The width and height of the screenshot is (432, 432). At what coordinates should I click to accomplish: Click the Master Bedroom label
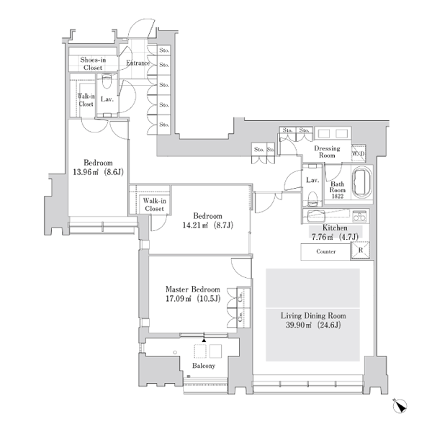tap(192, 289)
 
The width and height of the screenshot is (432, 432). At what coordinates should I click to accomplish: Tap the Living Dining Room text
tap(313, 316)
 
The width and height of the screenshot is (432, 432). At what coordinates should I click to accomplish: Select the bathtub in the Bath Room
tap(361, 182)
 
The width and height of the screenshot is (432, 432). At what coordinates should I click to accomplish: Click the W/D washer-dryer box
tap(358, 153)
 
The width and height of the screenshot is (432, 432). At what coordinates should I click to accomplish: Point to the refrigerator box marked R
tap(360, 251)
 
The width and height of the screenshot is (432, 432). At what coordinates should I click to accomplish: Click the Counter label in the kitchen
tap(326, 251)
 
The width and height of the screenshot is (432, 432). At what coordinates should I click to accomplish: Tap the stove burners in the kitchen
tap(359, 216)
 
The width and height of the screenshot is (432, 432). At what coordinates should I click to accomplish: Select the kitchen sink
tap(316, 215)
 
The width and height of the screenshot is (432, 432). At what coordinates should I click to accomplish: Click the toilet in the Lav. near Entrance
tap(106, 81)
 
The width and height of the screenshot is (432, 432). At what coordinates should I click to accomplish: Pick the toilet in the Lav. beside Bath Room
tap(312, 198)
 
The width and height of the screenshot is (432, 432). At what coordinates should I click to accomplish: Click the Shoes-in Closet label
tap(93, 63)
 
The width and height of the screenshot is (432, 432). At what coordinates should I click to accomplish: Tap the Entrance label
tap(138, 63)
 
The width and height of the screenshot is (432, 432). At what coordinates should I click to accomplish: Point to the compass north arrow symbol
tap(400, 405)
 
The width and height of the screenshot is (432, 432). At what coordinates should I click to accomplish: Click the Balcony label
tap(204, 366)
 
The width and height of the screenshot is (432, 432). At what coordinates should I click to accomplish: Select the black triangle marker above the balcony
tap(204, 341)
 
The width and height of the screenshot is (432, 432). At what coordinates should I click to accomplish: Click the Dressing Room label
tap(327, 152)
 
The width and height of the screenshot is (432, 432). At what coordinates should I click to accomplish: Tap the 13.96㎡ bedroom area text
tap(86, 172)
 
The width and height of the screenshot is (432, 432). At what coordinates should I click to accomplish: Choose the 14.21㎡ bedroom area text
tap(195, 225)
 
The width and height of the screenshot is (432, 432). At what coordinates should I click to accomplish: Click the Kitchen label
tap(335, 228)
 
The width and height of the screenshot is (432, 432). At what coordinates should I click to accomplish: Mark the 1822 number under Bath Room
tap(337, 196)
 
